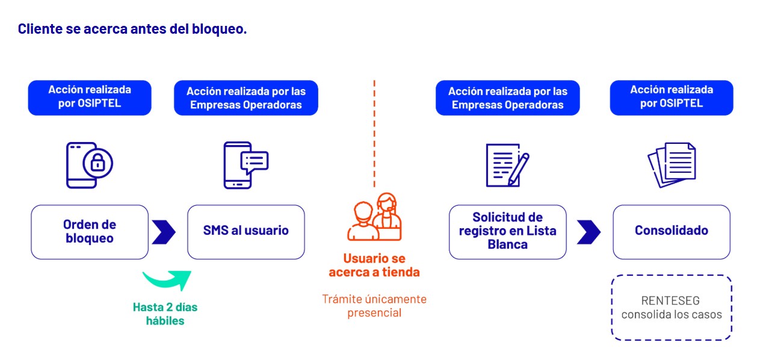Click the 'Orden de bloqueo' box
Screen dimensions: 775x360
point(90,232)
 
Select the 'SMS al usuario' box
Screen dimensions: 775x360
point(246,232)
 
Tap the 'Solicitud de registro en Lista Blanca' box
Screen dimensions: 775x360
point(508,232)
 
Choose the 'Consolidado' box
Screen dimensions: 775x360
point(672,232)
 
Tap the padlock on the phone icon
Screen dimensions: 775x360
point(98,163)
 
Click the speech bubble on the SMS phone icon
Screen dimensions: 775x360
point(255,162)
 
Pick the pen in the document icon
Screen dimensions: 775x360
point(519,169)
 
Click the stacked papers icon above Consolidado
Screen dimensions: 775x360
point(672,165)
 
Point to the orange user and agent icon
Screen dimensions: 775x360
point(374,217)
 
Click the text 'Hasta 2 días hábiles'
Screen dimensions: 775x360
point(165,314)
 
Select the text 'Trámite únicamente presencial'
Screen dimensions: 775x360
point(374,306)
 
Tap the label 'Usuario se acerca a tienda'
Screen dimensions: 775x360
point(374,265)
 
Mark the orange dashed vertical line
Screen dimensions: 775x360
point(374,134)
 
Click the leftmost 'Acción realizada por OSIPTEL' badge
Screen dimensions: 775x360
point(90,98)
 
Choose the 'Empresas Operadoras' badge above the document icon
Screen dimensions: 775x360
point(508,98)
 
